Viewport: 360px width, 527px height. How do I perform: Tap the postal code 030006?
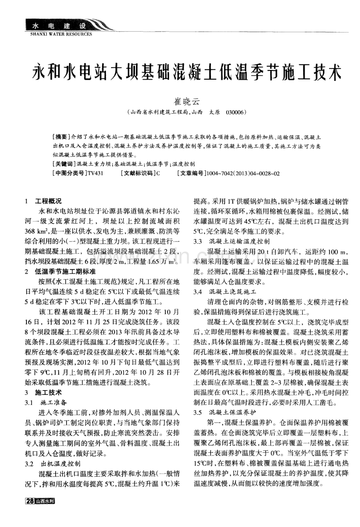pyautogui.click(x=235, y=112)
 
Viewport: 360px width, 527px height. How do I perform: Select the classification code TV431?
pyautogui.click(x=95, y=173)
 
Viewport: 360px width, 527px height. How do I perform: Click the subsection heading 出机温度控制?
pyautogui.click(x=61, y=464)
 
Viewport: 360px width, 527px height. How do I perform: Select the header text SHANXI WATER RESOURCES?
pyautogui.click(x=61, y=34)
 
